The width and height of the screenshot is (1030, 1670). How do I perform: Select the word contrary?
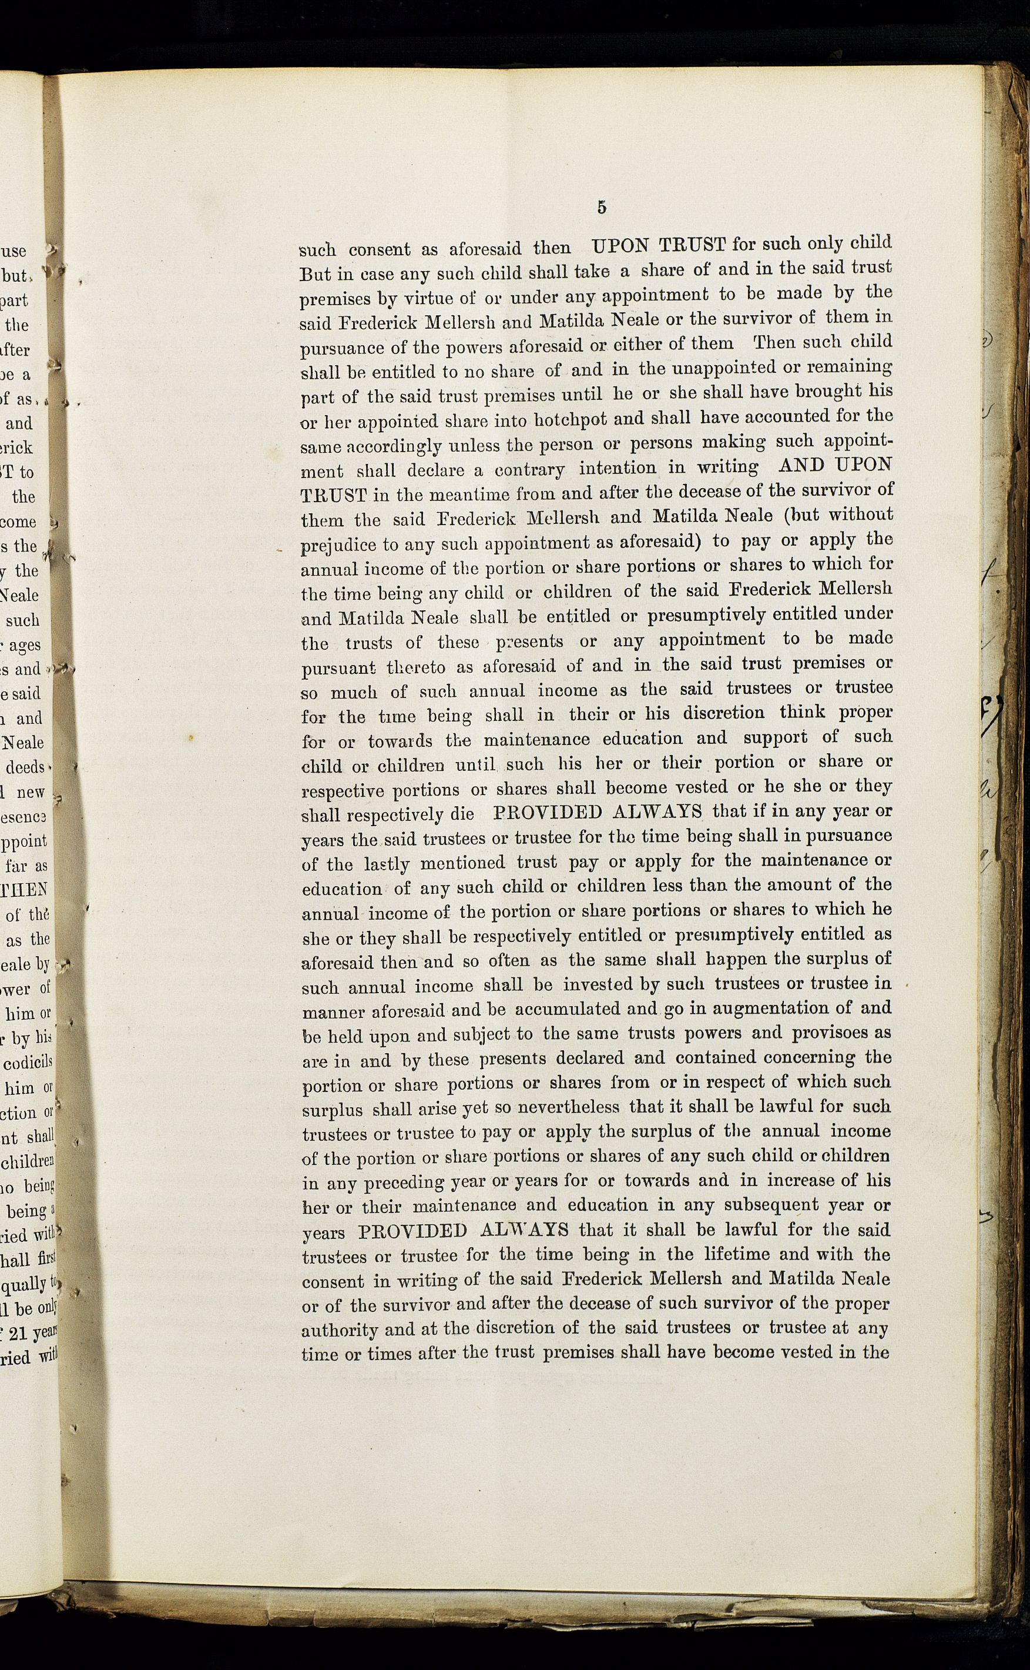(x=529, y=470)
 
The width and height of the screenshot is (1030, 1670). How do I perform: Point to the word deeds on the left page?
(x=25, y=767)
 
